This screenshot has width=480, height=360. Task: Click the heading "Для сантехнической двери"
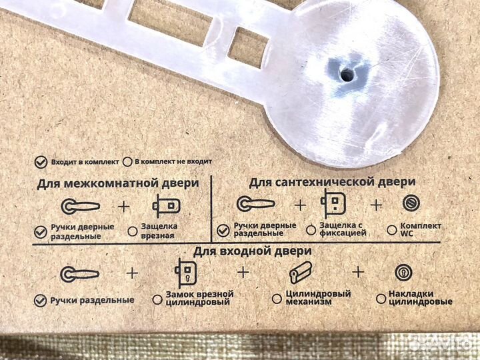(x=332, y=181)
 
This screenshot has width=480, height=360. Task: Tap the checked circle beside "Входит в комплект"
(x=41, y=161)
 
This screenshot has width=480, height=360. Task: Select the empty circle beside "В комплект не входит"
(x=127, y=161)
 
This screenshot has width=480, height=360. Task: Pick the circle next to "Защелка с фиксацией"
(x=311, y=229)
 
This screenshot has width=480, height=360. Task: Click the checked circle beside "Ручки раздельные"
(x=42, y=299)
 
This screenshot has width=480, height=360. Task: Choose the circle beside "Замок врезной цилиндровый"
(x=157, y=299)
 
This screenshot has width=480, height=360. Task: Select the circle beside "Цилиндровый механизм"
(x=276, y=299)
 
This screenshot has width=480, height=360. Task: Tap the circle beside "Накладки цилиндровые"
(x=381, y=299)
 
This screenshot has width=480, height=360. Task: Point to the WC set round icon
(x=411, y=203)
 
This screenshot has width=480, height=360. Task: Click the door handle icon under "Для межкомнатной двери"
(x=81, y=205)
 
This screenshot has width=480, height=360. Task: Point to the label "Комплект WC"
(x=420, y=229)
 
